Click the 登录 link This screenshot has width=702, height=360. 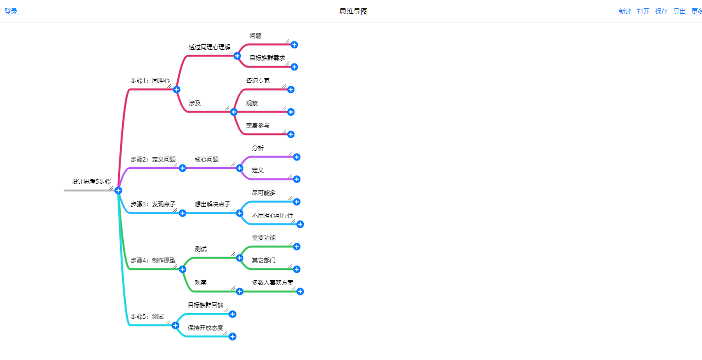coord(11,11)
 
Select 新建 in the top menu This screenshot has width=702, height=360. coord(625,11)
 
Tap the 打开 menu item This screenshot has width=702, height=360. coord(643,11)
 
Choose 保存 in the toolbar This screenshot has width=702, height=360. coord(662,11)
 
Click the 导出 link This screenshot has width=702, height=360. coord(679,11)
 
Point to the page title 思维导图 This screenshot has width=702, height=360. coord(353,11)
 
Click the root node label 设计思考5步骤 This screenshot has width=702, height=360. coord(92,182)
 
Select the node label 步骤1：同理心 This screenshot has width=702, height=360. coord(150,81)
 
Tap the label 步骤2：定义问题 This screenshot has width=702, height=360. coord(153,160)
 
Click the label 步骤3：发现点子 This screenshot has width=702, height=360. coord(153,204)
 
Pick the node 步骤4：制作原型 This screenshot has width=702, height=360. coord(153,261)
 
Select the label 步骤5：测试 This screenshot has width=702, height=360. coord(147,317)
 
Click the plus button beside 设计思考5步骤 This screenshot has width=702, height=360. coord(118,191)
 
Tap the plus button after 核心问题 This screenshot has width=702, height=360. coord(240,168)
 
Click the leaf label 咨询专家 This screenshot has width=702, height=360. coord(258,81)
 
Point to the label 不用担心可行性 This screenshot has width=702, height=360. coord(273,216)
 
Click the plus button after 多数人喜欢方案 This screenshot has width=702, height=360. coord(300,292)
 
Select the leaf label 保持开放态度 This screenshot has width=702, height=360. coord(206,328)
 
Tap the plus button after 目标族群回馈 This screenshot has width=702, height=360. coord(233,314)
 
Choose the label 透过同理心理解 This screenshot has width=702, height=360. coord(210,47)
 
